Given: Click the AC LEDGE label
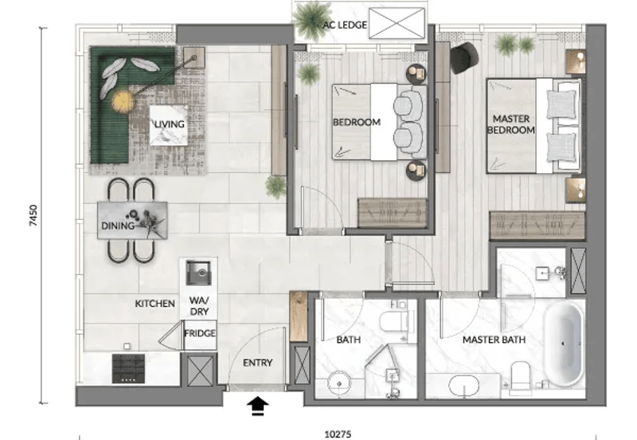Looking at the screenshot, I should pos(345,26).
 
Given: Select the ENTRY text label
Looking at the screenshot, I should pos(257,363).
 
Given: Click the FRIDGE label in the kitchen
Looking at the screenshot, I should pos(199,334).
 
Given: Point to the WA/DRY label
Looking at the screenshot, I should pos(198,306).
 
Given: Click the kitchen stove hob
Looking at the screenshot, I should pos(127,367).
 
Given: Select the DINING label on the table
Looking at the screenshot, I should pos(116,226).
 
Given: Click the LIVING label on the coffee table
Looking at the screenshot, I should pos(170,124).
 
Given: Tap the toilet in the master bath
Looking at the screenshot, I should pos(520,376).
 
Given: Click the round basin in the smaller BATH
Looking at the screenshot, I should pos(338,380).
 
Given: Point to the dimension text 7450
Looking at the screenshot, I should pos(33,214).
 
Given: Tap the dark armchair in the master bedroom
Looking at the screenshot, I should pos(463,57).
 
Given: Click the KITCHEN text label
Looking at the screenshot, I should pos(154,304).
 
